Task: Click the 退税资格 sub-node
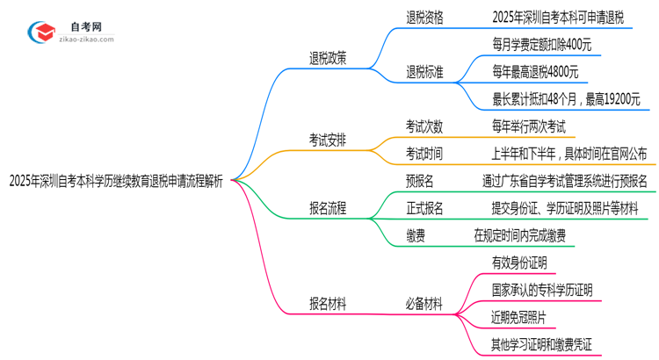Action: pos(424,18)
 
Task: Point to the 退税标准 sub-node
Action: pos(424,71)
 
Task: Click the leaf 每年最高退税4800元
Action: pos(535,71)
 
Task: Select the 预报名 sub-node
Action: pos(419,181)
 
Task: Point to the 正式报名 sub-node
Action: pos(424,208)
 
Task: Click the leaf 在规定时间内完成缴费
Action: pos(519,234)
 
